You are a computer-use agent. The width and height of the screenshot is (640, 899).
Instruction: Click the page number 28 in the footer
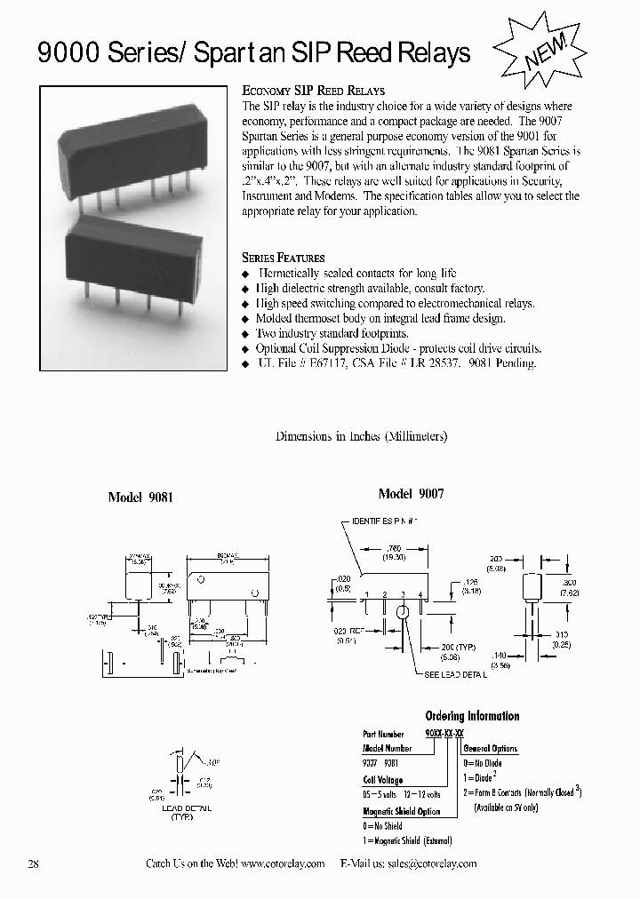click(34, 863)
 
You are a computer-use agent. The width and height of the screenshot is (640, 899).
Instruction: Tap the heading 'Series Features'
click(284, 258)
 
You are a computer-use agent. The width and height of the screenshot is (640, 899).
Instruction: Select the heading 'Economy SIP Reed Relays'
click(313, 91)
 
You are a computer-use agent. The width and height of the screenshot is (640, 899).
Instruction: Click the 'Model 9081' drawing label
click(140, 497)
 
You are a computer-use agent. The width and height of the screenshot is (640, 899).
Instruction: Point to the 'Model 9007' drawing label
click(411, 493)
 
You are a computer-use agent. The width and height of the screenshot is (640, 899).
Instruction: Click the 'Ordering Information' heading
click(472, 716)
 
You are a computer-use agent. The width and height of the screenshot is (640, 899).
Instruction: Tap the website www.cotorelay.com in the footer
click(282, 863)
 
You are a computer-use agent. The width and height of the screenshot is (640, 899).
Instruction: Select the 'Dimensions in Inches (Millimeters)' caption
click(361, 436)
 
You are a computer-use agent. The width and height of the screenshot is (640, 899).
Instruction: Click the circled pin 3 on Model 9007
click(402, 611)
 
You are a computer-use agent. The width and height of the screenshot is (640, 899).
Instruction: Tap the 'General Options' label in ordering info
click(492, 749)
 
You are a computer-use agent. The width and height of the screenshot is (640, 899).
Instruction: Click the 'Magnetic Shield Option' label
click(401, 811)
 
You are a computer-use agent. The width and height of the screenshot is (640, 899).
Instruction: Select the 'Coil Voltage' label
click(383, 780)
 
